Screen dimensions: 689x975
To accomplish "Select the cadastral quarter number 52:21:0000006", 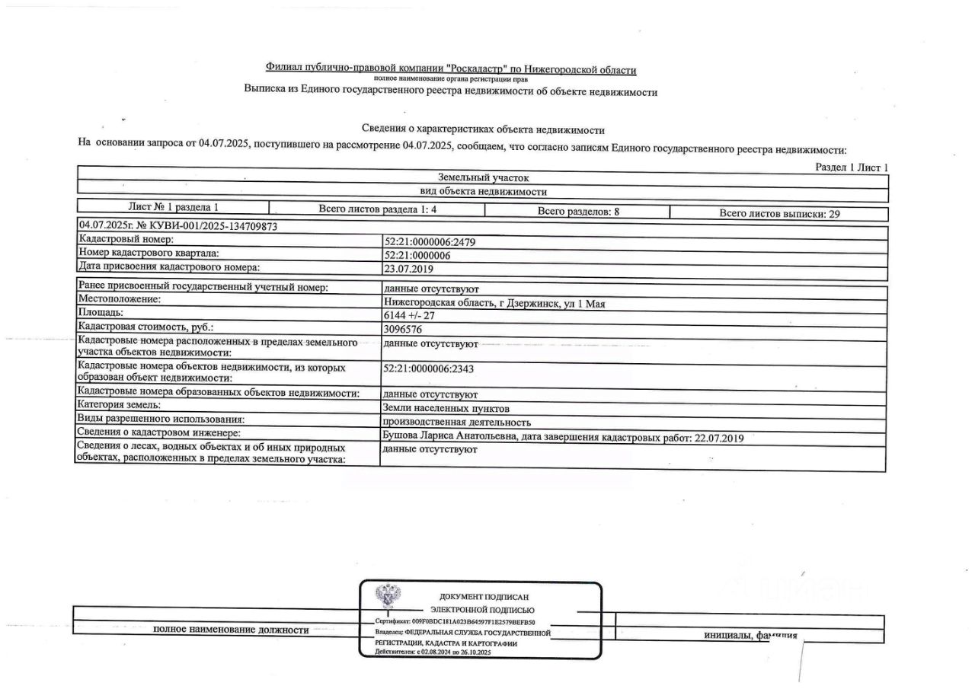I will coord(417,255).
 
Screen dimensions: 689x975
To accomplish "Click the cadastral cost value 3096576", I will coord(404,330).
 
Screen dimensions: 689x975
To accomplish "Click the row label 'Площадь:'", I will coord(101,313).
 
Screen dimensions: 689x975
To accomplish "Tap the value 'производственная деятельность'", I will coord(457,422).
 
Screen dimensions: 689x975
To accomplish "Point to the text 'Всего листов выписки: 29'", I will coord(779,214).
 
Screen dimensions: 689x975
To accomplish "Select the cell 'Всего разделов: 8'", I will coord(578,212).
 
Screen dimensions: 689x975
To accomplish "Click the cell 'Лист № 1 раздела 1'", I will coord(174,207).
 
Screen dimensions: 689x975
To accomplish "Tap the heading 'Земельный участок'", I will coord(483,177).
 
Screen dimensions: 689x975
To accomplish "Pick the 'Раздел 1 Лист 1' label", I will coord(852,167).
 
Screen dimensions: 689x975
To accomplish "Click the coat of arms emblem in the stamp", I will coord(388,596).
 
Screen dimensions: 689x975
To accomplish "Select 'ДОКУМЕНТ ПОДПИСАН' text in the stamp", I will coord(484,597).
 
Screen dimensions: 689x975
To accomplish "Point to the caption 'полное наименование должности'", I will coord(231,630).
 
